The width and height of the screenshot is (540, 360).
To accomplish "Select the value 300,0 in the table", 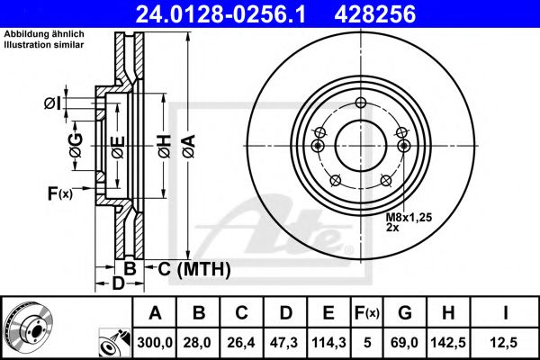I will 156,342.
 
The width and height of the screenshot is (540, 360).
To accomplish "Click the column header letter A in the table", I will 156,313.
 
